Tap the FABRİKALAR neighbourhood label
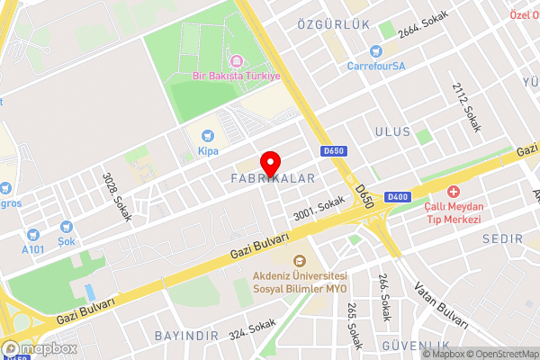[274, 179]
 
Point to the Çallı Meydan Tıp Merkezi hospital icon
[454, 193]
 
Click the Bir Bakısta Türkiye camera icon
[237, 61]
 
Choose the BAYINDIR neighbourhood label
[186, 336]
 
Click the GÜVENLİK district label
[416, 346]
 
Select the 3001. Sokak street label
[319, 210]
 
